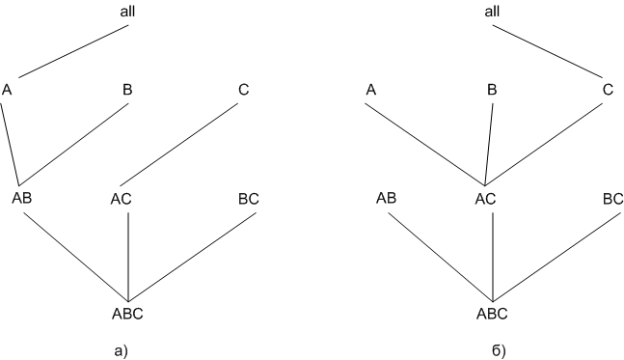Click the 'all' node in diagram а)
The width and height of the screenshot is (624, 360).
coord(127,12)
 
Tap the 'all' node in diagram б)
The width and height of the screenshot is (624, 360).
coord(492,12)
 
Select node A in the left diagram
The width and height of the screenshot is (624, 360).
coord(7,90)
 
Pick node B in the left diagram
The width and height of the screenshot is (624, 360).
coord(127,90)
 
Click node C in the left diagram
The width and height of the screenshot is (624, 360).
coord(244,90)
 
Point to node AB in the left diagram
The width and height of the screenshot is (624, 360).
coord(22,198)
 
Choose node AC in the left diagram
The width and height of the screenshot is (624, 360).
coord(121,199)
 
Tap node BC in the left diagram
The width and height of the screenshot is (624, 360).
coord(249,199)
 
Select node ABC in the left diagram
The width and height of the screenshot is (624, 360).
coord(127,314)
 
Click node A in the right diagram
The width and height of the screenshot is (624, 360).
coord(371,90)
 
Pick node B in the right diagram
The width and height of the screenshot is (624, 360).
coord(492,90)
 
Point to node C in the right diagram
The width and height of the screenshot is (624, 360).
coord(608,90)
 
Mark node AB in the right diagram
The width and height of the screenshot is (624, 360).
coord(387,198)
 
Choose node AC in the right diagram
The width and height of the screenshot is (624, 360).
coord(485,199)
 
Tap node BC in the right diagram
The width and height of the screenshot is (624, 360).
coord(613,199)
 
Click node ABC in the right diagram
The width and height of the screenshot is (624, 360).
coord(492,314)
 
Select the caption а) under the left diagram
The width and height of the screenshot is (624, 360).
coord(122,351)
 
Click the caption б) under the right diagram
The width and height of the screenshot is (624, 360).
coord(499,351)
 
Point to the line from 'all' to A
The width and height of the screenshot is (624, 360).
coord(73,51)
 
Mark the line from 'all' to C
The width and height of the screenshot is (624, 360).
coord(548,51)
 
